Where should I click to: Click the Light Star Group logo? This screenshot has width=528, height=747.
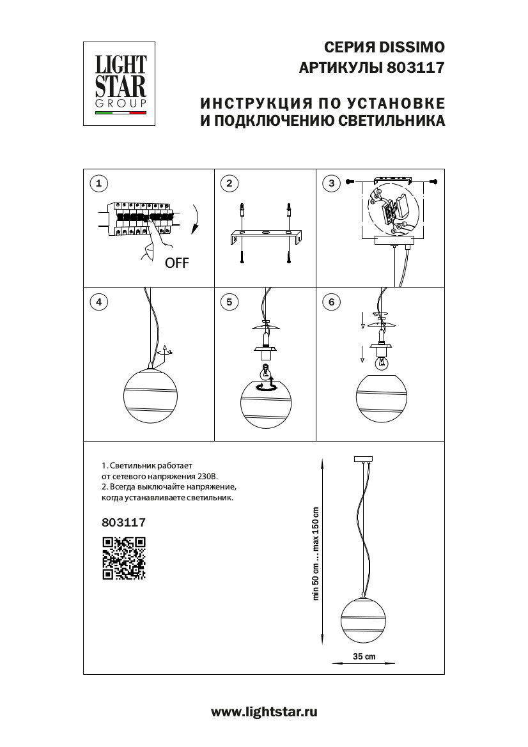[121, 83]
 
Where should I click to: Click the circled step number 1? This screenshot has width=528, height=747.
[98, 184]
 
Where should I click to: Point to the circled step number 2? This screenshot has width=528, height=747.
[228, 184]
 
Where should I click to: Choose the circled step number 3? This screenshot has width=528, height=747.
[331, 184]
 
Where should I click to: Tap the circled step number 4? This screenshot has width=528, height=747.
[98, 302]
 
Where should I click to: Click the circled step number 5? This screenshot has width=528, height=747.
[228, 302]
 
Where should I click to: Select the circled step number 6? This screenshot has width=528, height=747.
[331, 302]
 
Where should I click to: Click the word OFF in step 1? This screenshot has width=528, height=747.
[177, 263]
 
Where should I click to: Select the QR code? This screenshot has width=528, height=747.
[124, 557]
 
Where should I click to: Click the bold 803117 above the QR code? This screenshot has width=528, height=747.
[124, 522]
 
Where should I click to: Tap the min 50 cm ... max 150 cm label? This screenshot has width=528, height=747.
[316, 553]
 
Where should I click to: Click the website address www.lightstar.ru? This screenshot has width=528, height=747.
[264, 711]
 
